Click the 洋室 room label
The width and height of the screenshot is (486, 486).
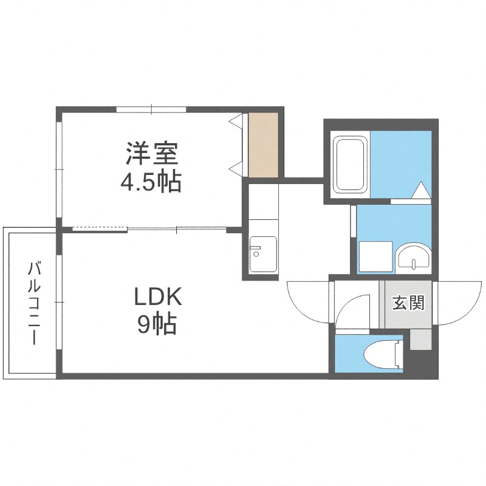click(x=152, y=153)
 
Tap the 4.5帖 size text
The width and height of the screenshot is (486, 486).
click(x=152, y=181)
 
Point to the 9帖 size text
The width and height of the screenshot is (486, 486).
click(x=157, y=325)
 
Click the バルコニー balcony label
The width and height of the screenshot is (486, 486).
click(x=35, y=303)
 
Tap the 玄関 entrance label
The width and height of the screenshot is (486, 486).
click(x=407, y=302)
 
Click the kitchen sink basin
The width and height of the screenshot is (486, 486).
click(x=263, y=254)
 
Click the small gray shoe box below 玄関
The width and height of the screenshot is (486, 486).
click(x=420, y=338)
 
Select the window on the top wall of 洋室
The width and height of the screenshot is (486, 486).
click(x=152, y=109)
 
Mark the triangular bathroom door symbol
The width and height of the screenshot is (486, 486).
click(x=420, y=191)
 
